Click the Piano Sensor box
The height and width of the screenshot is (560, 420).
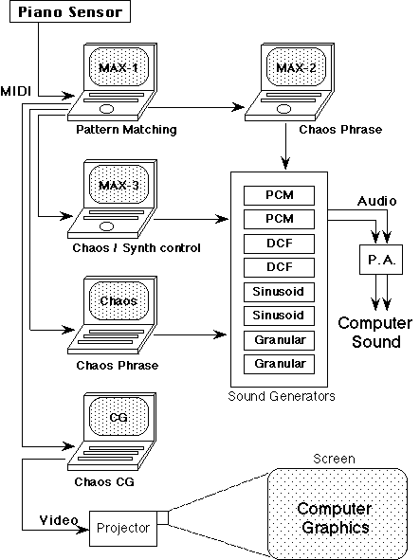pyautogui.click(x=70, y=11)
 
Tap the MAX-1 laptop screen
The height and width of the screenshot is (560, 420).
pyautogui.click(x=119, y=66)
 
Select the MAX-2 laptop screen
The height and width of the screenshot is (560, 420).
pyautogui.click(x=296, y=66)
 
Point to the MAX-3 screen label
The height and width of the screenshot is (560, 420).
pyautogui.click(x=119, y=186)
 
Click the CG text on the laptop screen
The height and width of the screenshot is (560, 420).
pyautogui.click(x=119, y=417)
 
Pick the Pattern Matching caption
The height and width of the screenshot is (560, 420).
pyautogui.click(x=126, y=130)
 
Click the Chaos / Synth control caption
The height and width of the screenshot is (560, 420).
pyautogui.click(x=137, y=248)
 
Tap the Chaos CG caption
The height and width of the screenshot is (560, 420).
pyautogui.click(x=104, y=481)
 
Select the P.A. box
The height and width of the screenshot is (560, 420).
pyautogui.click(x=381, y=260)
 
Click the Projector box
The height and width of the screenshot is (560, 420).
pyautogui.click(x=123, y=528)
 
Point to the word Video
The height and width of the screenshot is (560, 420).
pyautogui.click(x=59, y=520)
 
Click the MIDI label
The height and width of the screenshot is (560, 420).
pyautogui.click(x=16, y=91)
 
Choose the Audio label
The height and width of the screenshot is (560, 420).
pyautogui.click(x=377, y=201)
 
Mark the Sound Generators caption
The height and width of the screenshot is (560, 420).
pyautogui.click(x=282, y=396)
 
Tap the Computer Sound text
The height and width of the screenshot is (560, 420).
pyautogui.click(x=375, y=333)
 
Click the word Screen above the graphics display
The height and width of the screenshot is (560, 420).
pyautogui.click(x=335, y=459)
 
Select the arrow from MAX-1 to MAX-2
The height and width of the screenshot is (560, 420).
pyautogui.click(x=196, y=107)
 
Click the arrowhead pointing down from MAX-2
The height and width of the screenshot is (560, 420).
pyautogui.click(x=285, y=163)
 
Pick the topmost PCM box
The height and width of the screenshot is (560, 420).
pyautogui.click(x=279, y=195)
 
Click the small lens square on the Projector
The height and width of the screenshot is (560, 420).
pyautogui.click(x=163, y=518)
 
